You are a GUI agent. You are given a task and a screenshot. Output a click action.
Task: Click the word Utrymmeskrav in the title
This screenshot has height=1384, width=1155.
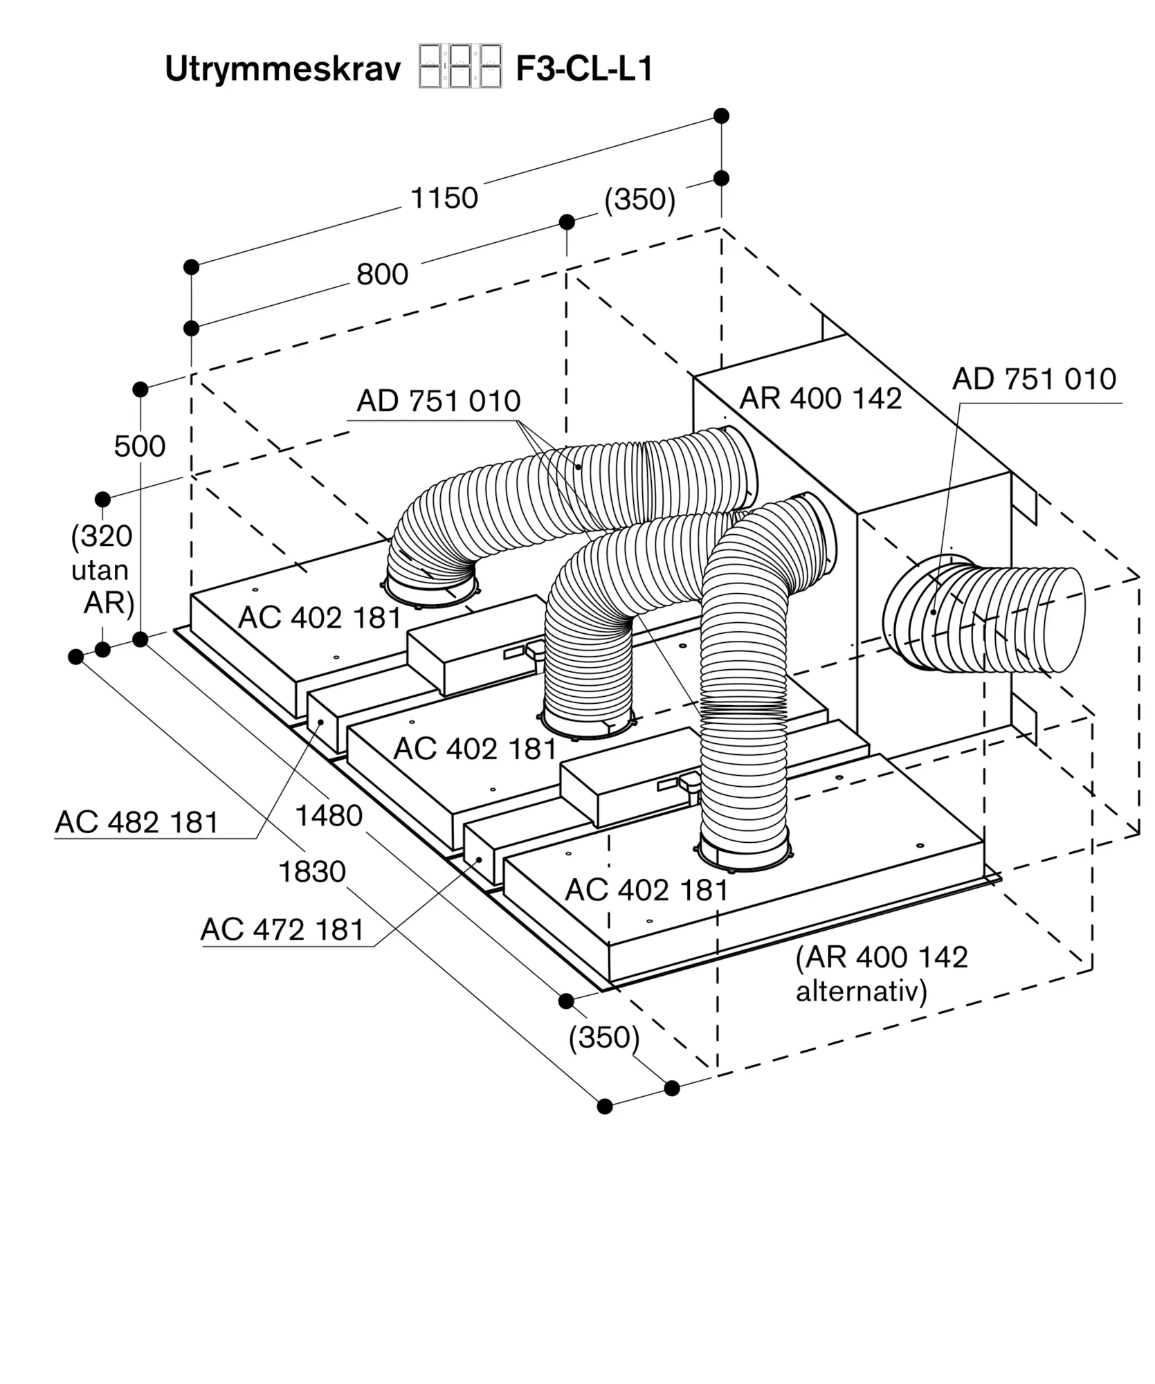click(282, 70)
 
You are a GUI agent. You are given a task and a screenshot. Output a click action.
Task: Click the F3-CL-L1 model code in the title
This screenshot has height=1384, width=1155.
click(584, 69)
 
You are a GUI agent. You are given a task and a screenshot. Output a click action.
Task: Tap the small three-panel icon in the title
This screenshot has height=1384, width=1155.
click(460, 66)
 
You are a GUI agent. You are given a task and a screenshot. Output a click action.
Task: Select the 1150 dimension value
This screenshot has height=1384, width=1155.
click(444, 198)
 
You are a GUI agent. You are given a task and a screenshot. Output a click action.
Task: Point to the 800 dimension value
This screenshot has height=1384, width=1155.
click(382, 275)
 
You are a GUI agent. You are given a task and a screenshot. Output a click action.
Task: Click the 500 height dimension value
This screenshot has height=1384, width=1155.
click(140, 446)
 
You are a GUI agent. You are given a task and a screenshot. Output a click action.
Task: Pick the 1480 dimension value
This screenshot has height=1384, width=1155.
click(329, 816)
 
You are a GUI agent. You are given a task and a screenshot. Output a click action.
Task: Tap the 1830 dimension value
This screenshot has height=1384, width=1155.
click(312, 872)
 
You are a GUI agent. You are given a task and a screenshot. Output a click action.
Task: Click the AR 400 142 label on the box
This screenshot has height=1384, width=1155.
click(821, 398)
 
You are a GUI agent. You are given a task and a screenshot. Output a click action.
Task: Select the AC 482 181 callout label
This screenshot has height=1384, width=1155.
click(137, 822)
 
